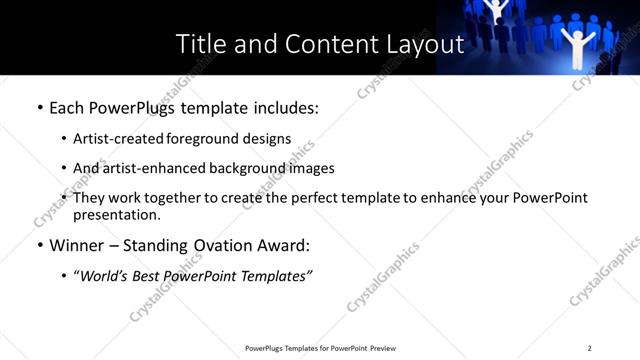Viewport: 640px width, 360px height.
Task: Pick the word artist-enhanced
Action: coord(154,168)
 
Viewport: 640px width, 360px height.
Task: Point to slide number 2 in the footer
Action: coord(589,348)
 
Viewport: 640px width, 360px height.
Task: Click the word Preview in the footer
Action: coord(382,348)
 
